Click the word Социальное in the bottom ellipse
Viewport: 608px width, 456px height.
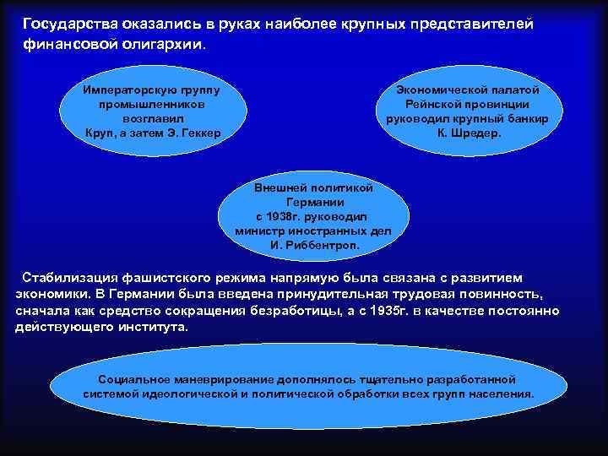134,380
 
